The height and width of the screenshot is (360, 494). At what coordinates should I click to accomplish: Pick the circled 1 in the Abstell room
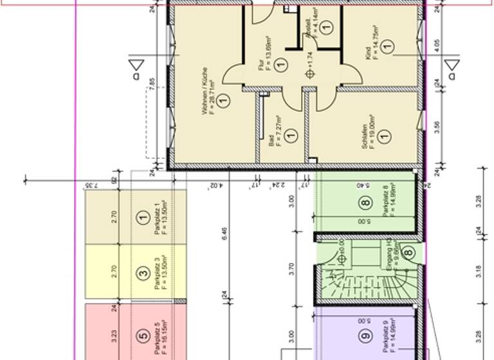pos(325,27)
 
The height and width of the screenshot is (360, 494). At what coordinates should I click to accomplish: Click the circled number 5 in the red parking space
pos(143,335)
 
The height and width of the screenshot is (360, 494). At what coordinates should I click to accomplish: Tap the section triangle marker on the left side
pos(136,65)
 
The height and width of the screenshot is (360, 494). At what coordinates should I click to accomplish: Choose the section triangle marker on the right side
pos(452,65)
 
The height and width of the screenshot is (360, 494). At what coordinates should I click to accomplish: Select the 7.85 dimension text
pos(152,85)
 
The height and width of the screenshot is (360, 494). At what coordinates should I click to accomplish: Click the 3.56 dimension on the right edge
pos(437,125)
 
